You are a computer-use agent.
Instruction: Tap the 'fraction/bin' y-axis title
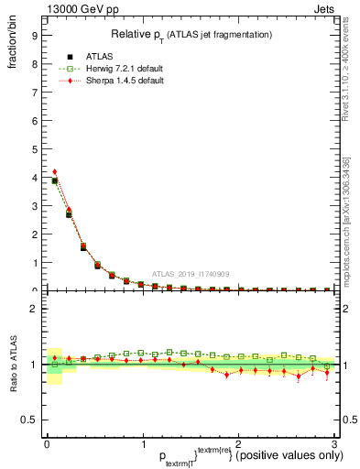click(13, 49)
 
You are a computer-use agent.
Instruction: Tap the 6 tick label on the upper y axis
click(33, 122)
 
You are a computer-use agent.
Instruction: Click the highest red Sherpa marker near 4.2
click(55, 171)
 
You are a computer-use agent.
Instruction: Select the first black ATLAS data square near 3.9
click(55, 180)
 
